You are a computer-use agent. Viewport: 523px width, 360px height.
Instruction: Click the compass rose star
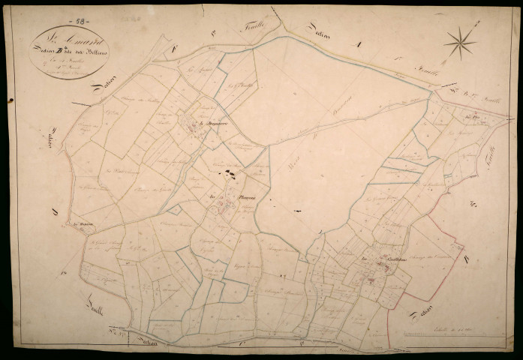point(458,42)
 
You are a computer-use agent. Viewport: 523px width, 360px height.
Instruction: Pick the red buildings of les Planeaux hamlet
point(224,210)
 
